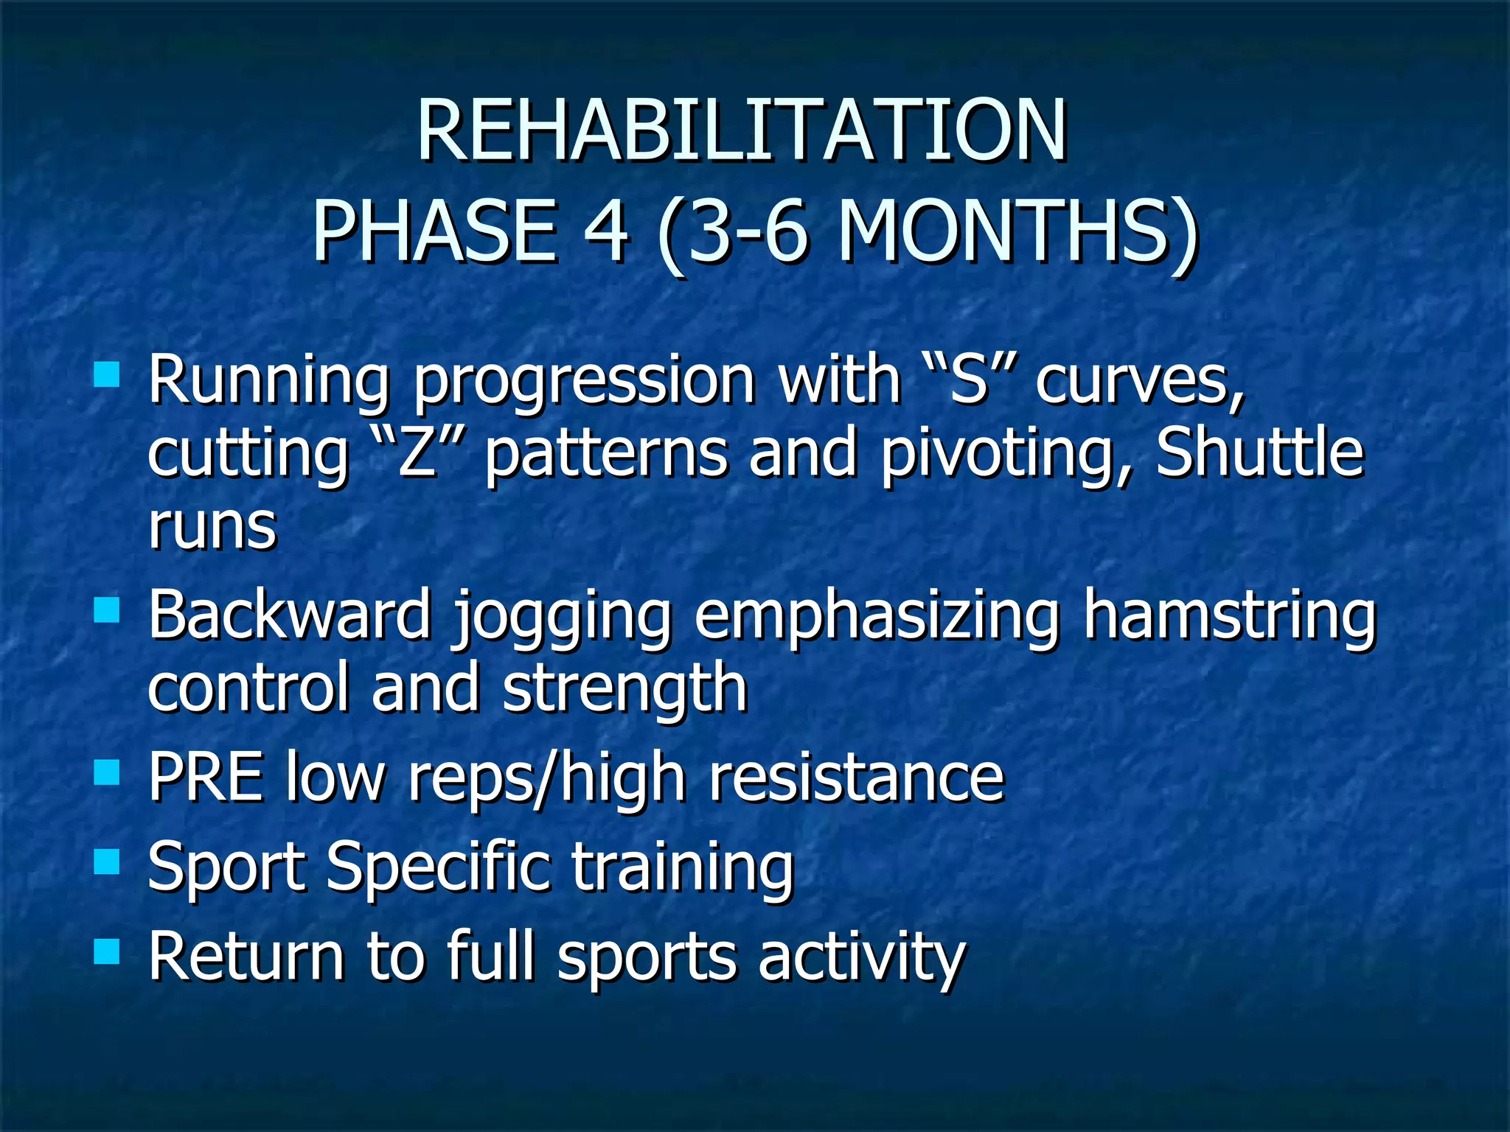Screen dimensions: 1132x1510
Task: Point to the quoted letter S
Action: coord(968,381)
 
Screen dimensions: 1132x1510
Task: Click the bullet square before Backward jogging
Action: coord(107,610)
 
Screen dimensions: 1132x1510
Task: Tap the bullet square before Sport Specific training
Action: coord(107,861)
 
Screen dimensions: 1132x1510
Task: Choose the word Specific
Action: coord(438,867)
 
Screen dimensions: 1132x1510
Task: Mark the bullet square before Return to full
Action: coord(107,951)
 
